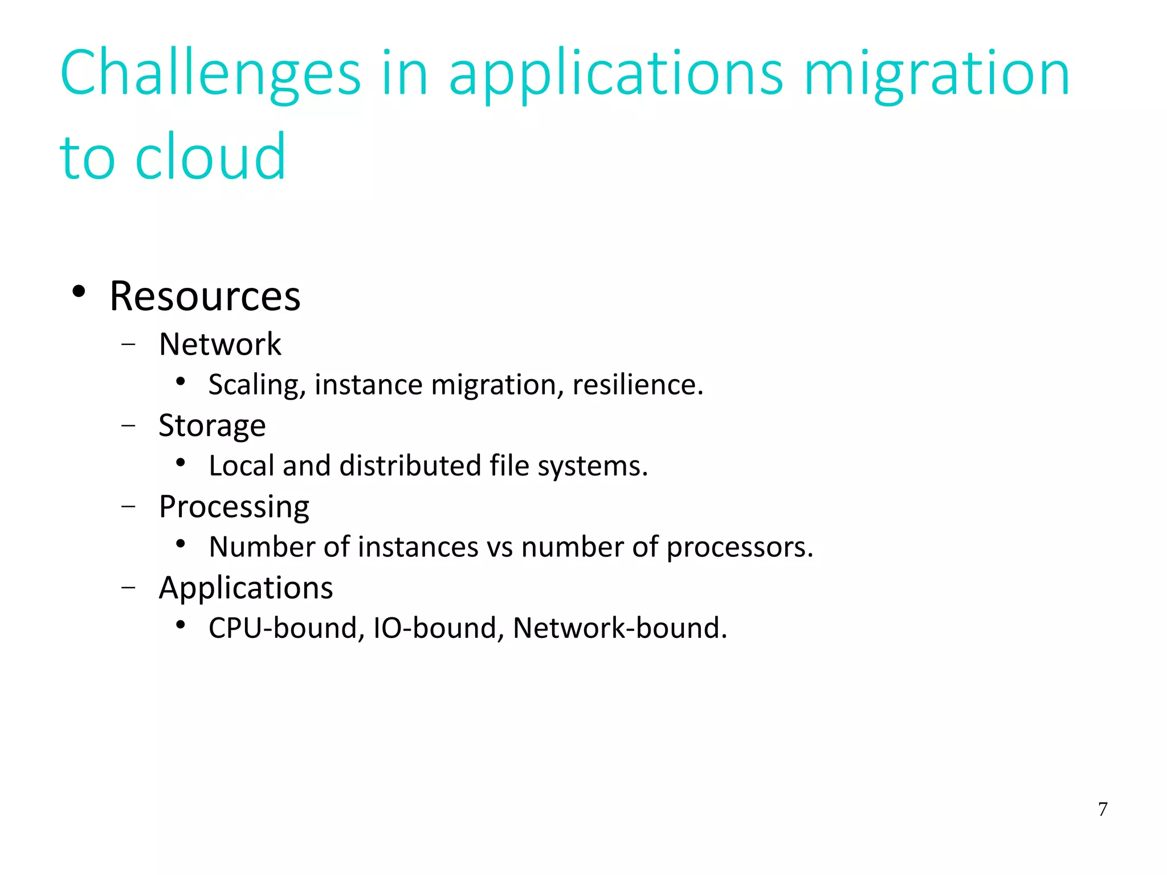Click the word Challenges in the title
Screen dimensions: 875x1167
(210, 74)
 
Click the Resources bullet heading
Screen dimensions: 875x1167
(205, 296)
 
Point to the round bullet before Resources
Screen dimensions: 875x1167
(79, 292)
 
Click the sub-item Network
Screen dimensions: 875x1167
(220, 344)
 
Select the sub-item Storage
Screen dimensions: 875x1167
(212, 426)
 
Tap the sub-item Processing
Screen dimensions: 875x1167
(234, 507)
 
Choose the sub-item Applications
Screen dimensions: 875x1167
(246, 588)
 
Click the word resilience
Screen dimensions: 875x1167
(638, 385)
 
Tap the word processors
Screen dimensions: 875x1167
(740, 547)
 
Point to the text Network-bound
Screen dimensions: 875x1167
(619, 628)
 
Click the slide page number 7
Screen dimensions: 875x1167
(1103, 809)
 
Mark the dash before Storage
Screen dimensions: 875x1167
(129, 426)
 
